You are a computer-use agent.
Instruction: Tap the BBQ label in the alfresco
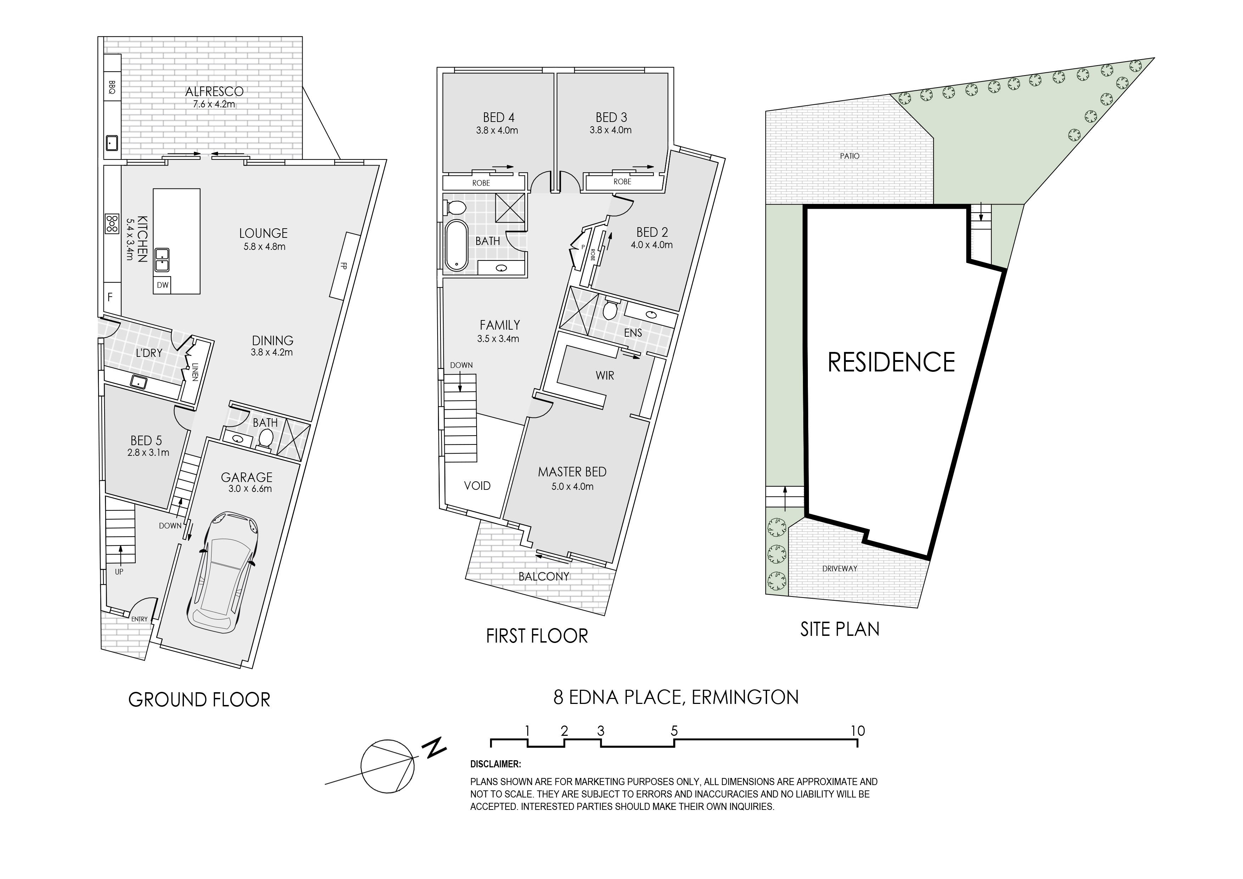point(112,87)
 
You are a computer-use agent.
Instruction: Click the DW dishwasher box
point(162,285)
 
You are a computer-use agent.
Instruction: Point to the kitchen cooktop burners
point(112,224)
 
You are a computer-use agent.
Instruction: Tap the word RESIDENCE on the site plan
point(891,362)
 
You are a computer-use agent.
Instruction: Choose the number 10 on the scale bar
point(857,730)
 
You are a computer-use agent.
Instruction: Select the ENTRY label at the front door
point(139,619)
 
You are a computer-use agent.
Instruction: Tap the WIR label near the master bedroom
point(605,375)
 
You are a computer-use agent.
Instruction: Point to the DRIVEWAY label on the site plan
point(840,569)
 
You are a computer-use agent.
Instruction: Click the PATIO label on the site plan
point(849,156)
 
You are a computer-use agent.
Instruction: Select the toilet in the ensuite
point(610,309)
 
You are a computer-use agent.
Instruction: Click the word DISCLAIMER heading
point(495,764)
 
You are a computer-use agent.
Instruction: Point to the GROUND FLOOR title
point(199,700)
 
